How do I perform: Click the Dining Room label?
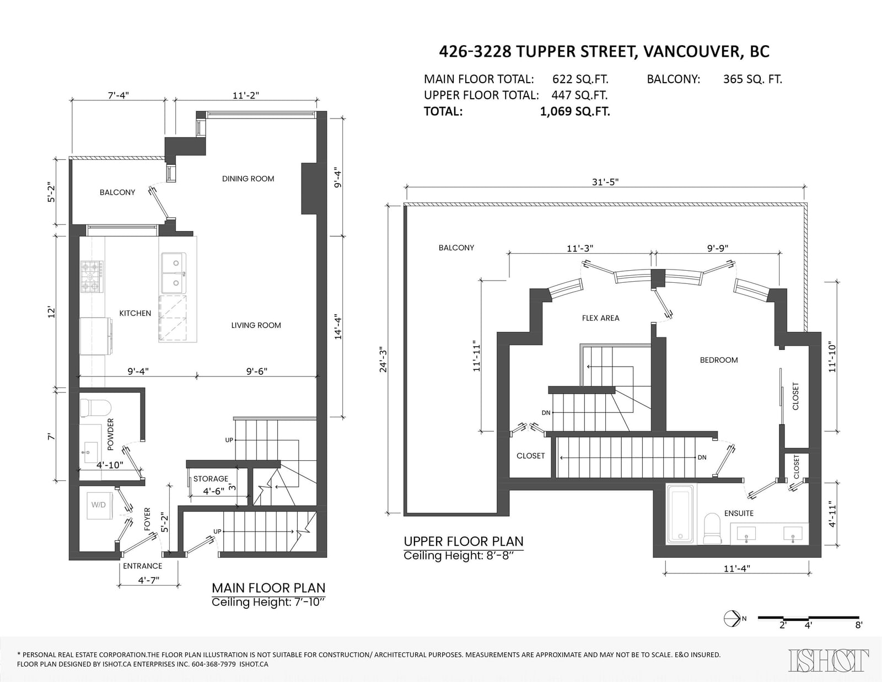[248, 179]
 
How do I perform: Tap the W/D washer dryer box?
[99, 504]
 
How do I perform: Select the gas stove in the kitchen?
[92, 277]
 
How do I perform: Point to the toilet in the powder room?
[95, 408]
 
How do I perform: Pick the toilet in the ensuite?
[712, 529]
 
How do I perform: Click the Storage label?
[211, 479]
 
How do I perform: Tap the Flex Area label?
[601, 318]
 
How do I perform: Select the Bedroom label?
[719, 360]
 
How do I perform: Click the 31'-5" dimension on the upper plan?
[605, 181]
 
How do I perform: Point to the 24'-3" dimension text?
[383, 359]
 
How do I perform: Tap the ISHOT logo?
[828, 660]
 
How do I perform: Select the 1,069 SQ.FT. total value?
[575, 111]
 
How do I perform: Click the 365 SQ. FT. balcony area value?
[752, 79]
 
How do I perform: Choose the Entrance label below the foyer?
[142, 566]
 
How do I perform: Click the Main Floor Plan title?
[268, 588]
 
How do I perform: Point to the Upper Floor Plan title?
[464, 541]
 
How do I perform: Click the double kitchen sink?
[174, 273]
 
